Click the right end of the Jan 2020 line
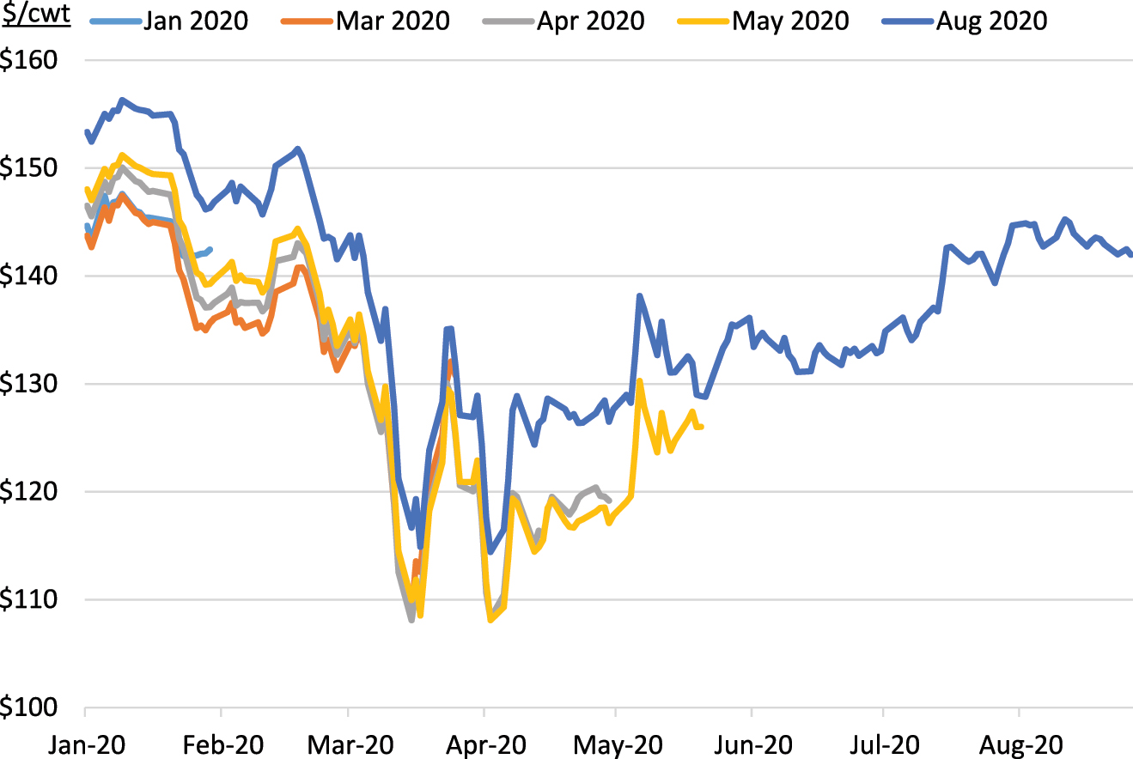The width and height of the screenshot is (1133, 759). click(210, 249)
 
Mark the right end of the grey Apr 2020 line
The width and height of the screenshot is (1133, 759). click(609, 501)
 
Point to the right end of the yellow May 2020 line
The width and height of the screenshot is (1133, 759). click(702, 427)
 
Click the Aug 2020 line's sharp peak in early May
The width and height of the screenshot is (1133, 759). click(639, 295)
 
